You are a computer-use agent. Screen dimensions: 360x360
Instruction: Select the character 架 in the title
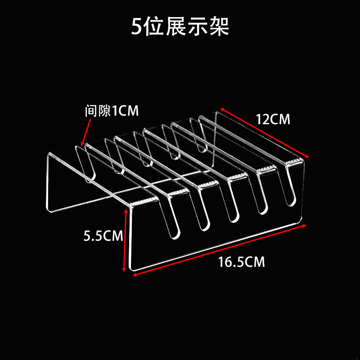tap(220, 27)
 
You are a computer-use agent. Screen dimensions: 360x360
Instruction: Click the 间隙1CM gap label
tap(112, 111)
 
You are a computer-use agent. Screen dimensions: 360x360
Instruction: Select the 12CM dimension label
tap(273, 120)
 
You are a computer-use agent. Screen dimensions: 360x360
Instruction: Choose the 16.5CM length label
tap(242, 262)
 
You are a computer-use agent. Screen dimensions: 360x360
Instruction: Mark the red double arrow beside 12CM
tap(265, 133)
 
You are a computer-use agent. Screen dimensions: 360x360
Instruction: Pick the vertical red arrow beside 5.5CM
tap(125, 240)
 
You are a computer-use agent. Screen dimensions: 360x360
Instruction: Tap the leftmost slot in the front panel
tap(171, 220)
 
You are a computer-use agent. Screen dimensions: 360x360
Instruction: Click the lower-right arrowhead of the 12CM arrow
tap(308, 156)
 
